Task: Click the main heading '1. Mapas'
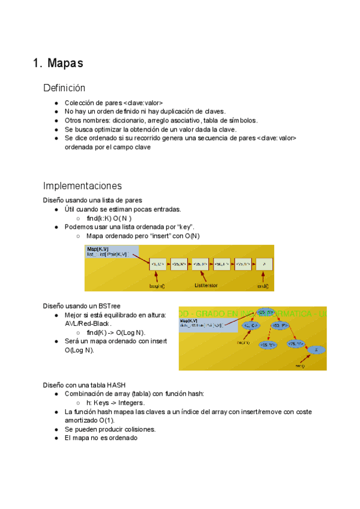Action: [x=58, y=63]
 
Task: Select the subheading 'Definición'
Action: [x=64, y=88]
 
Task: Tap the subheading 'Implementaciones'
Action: [x=82, y=185]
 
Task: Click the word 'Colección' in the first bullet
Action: [x=79, y=103]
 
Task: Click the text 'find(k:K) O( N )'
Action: [x=109, y=218]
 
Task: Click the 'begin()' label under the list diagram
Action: [x=157, y=286]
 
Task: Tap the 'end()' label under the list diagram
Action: [x=263, y=286]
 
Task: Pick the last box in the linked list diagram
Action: [x=264, y=264]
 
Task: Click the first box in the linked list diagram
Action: [x=158, y=264]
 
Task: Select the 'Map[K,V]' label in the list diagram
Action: [x=98, y=248]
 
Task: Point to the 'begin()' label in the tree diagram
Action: [x=243, y=343]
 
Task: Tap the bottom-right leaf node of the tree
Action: [x=316, y=350]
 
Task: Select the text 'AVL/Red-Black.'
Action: [x=88, y=324]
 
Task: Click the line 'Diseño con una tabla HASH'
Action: [x=84, y=384]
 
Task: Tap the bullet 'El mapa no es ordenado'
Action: [x=101, y=438]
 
